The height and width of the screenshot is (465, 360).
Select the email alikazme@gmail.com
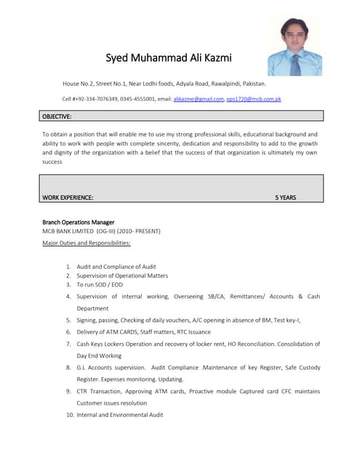198,98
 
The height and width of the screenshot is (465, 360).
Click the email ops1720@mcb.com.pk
253,98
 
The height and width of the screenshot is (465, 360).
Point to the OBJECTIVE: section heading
57,116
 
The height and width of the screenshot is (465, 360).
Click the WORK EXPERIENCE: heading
68,197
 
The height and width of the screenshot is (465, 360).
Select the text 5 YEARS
285,197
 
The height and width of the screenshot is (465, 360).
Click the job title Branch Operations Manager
78,222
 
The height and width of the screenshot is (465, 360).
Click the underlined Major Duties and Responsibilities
87,242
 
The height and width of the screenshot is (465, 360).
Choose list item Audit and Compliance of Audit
116,267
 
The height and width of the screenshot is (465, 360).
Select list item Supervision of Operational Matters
122,275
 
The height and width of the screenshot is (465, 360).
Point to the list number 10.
69,414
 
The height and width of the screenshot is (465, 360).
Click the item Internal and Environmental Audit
120,414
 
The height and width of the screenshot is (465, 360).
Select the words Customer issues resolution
112,403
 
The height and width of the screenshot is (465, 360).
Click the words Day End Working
99,355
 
